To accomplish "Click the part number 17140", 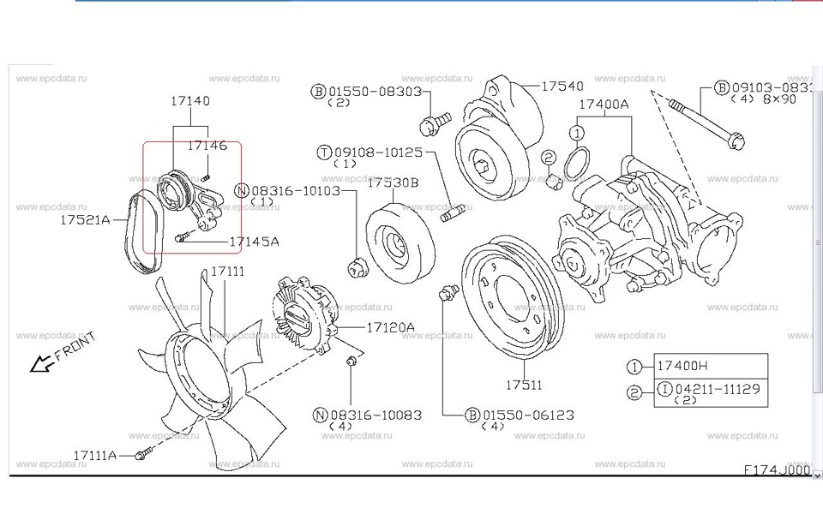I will [x=189, y=101].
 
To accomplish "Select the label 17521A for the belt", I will [x=85, y=220].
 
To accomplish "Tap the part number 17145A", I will [x=254, y=242].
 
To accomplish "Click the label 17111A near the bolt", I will [x=94, y=455].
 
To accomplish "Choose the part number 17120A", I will [x=390, y=327].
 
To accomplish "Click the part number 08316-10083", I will [x=375, y=415].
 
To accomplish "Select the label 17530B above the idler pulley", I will [x=393, y=182].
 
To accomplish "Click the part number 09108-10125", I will [x=381, y=152].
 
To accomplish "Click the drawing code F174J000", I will [x=777, y=469].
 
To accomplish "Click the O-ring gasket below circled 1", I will [x=578, y=160].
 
